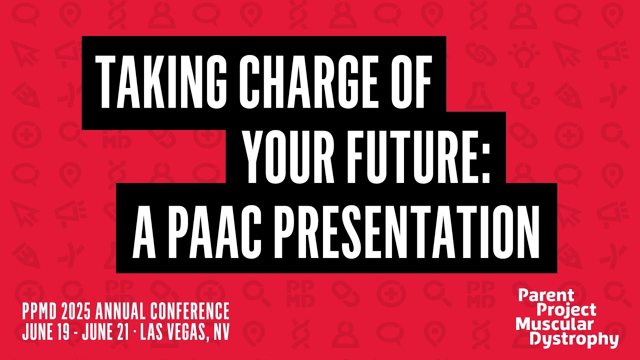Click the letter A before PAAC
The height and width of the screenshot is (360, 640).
pos(144,227)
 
